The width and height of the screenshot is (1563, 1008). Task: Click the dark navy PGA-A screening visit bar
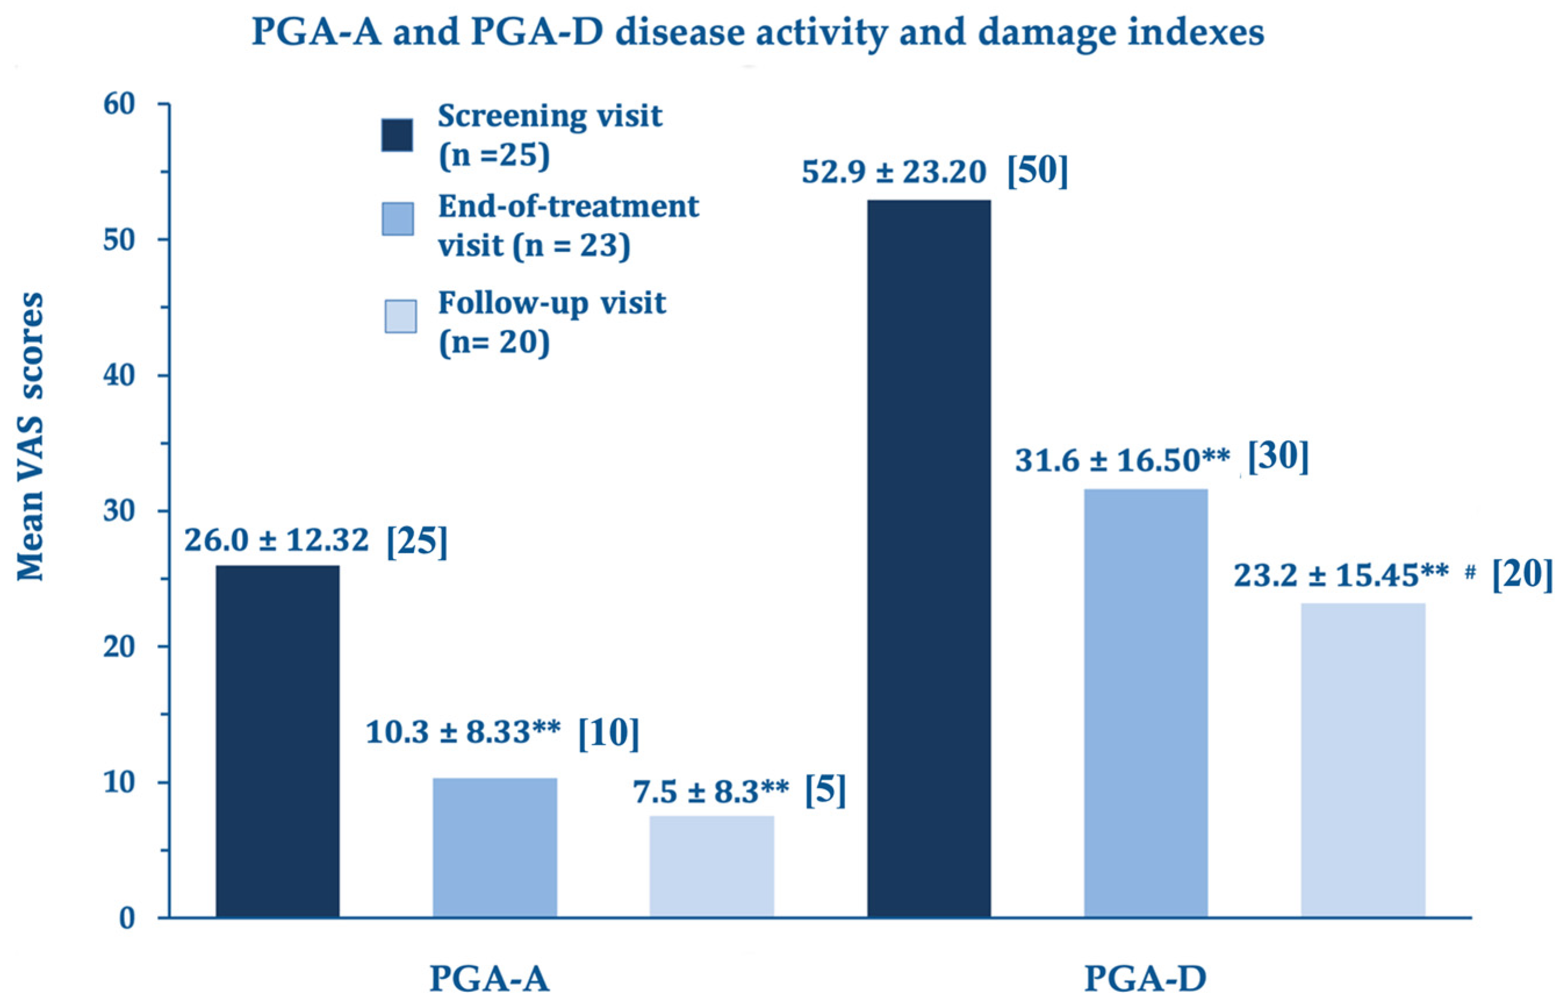click(x=278, y=741)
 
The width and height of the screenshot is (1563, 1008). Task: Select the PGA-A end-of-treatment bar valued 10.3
click(x=495, y=847)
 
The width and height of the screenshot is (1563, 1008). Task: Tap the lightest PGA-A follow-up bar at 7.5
click(x=711, y=866)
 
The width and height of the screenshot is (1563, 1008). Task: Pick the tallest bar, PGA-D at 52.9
click(x=929, y=559)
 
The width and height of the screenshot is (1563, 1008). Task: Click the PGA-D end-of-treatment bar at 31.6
click(x=1146, y=703)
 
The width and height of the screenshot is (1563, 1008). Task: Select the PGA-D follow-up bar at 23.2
click(x=1363, y=759)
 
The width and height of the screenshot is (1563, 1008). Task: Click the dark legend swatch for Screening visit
click(x=397, y=135)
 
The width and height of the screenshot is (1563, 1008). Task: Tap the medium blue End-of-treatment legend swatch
click(x=397, y=219)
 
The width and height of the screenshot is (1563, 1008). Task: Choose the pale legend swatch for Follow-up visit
click(x=400, y=316)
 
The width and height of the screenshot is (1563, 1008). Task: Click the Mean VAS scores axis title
click(x=30, y=437)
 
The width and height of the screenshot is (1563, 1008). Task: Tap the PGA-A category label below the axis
click(x=489, y=979)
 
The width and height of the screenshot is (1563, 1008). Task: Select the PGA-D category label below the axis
click(x=1146, y=979)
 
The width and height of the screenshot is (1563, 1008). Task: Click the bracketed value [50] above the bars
click(x=1038, y=171)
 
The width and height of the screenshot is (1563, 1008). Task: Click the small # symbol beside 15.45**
click(x=1470, y=572)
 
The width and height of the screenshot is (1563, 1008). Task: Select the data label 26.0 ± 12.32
click(x=276, y=540)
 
